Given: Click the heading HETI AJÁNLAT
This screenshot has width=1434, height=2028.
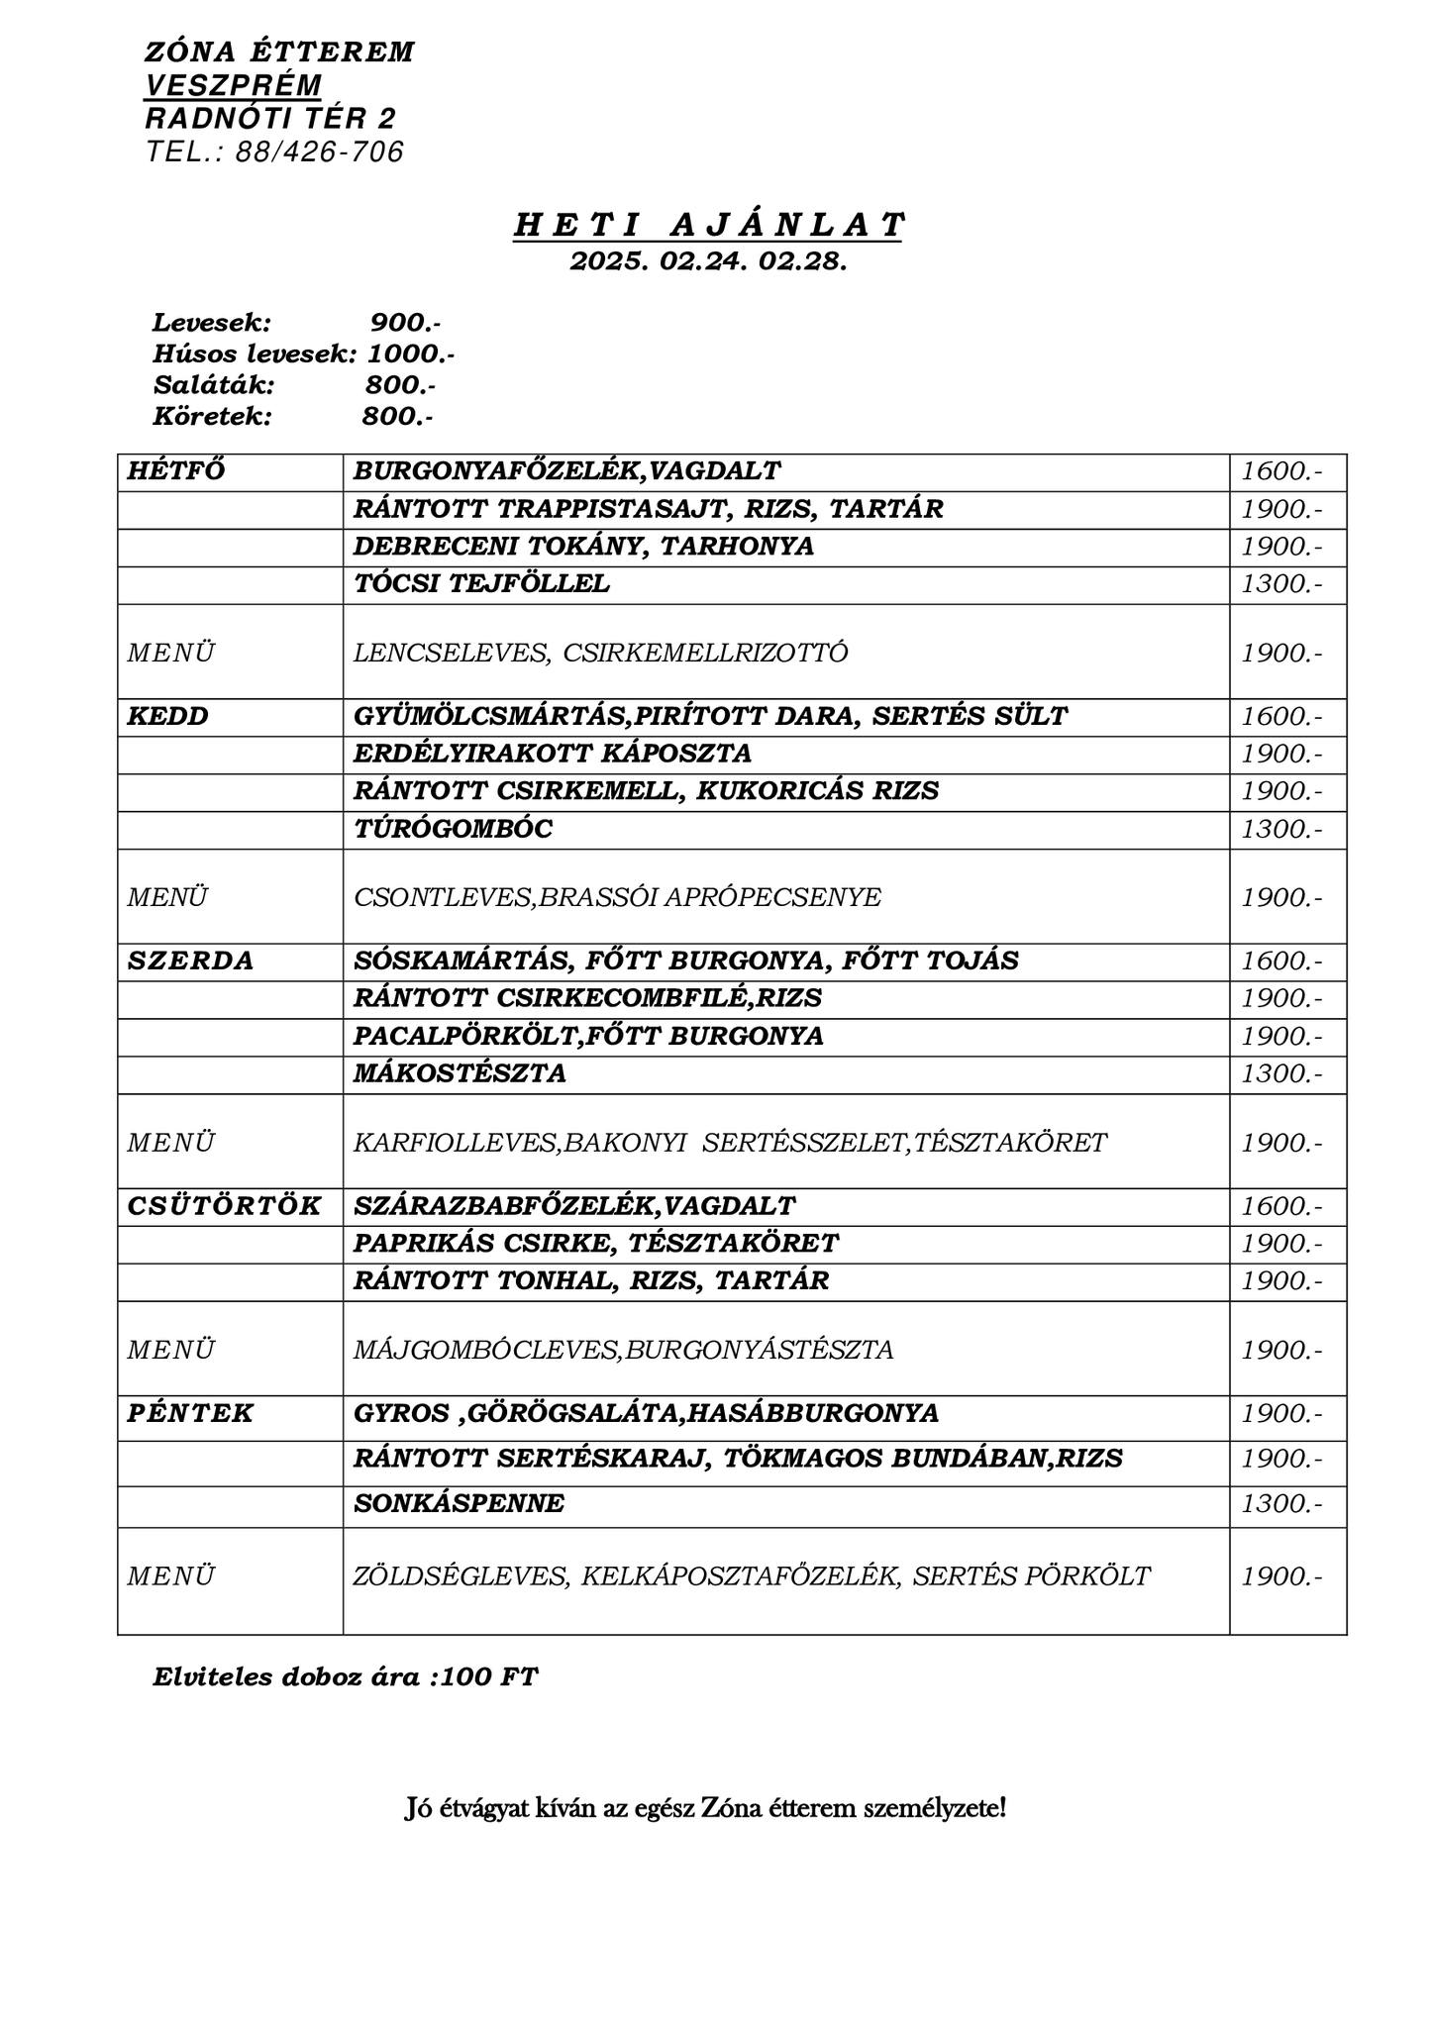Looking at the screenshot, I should [x=708, y=226].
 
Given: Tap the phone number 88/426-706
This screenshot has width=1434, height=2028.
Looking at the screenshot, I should [x=319, y=152].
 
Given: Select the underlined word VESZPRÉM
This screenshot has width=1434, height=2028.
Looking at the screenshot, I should [x=234, y=85].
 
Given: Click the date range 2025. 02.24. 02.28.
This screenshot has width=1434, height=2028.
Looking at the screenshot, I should [x=708, y=261].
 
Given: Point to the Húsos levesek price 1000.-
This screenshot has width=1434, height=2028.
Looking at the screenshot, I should [x=411, y=354].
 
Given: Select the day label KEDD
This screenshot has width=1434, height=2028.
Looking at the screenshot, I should [x=168, y=716].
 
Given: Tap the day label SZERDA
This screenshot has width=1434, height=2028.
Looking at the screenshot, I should [x=191, y=961].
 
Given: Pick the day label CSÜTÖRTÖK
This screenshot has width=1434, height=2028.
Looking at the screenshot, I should [x=225, y=1206].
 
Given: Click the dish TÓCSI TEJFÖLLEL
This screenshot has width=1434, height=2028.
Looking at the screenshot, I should [x=482, y=584].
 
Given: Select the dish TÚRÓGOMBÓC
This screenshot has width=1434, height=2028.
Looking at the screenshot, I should [x=454, y=829].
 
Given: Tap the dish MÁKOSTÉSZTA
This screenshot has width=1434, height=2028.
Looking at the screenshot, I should [x=461, y=1073].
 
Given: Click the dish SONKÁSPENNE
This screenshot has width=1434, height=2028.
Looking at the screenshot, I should [x=460, y=1504].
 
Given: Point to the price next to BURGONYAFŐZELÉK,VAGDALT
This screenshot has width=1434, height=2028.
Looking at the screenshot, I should [x=1281, y=471].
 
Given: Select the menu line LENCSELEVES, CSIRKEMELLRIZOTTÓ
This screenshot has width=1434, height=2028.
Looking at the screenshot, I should [x=601, y=654].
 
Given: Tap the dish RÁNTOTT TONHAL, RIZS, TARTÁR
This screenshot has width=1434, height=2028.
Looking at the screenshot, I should [x=591, y=1281].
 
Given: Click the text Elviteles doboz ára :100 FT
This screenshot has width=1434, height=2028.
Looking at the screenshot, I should [x=346, y=1677].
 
